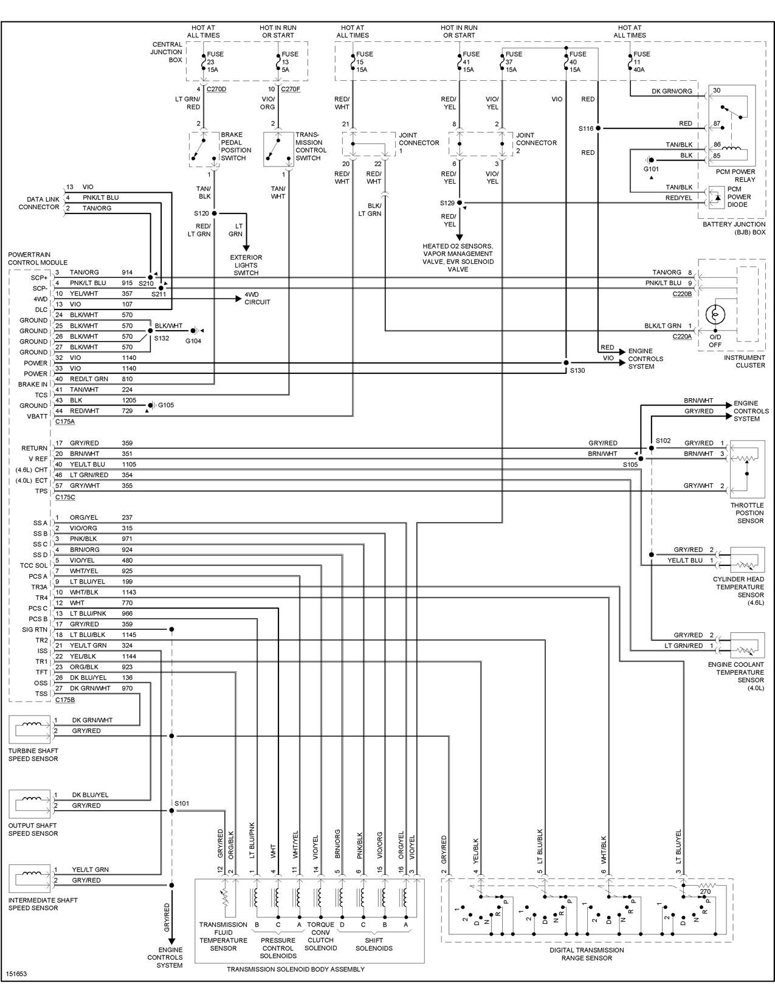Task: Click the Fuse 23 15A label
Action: click(x=215, y=62)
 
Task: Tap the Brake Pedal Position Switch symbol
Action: click(x=204, y=150)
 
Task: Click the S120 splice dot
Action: click(x=214, y=213)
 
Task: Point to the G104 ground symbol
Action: click(x=197, y=331)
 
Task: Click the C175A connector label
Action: click(x=65, y=421)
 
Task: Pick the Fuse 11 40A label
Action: click(x=641, y=62)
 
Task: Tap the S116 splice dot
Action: click(x=598, y=128)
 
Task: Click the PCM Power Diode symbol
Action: click(x=717, y=198)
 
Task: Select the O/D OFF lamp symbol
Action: click(x=715, y=314)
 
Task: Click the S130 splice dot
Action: click(x=566, y=363)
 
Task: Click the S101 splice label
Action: click(x=182, y=803)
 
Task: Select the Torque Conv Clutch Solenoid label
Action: click(x=320, y=936)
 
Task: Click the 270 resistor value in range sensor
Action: click(x=705, y=891)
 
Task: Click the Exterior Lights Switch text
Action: click(x=246, y=265)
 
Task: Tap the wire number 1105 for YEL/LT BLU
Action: click(x=129, y=464)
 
